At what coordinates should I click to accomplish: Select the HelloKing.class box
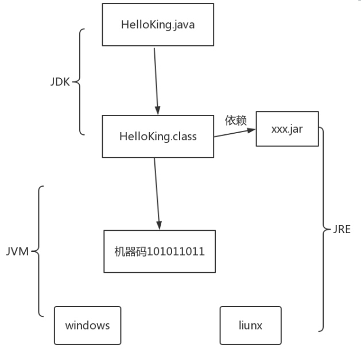coord(158,136)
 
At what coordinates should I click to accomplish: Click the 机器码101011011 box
coord(160,251)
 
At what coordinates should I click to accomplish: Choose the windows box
coord(87,325)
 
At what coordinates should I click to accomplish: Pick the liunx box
coord(250,325)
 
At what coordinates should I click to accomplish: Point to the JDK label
coord(60,82)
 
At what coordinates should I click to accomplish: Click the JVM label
coord(19,251)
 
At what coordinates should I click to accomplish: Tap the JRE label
coord(341,229)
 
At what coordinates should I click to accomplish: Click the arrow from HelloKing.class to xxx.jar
coord(234,134)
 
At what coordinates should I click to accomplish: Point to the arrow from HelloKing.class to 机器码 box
coord(157,192)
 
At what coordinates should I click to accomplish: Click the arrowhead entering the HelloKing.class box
coord(158,110)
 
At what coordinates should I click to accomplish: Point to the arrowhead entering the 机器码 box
coord(159,225)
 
